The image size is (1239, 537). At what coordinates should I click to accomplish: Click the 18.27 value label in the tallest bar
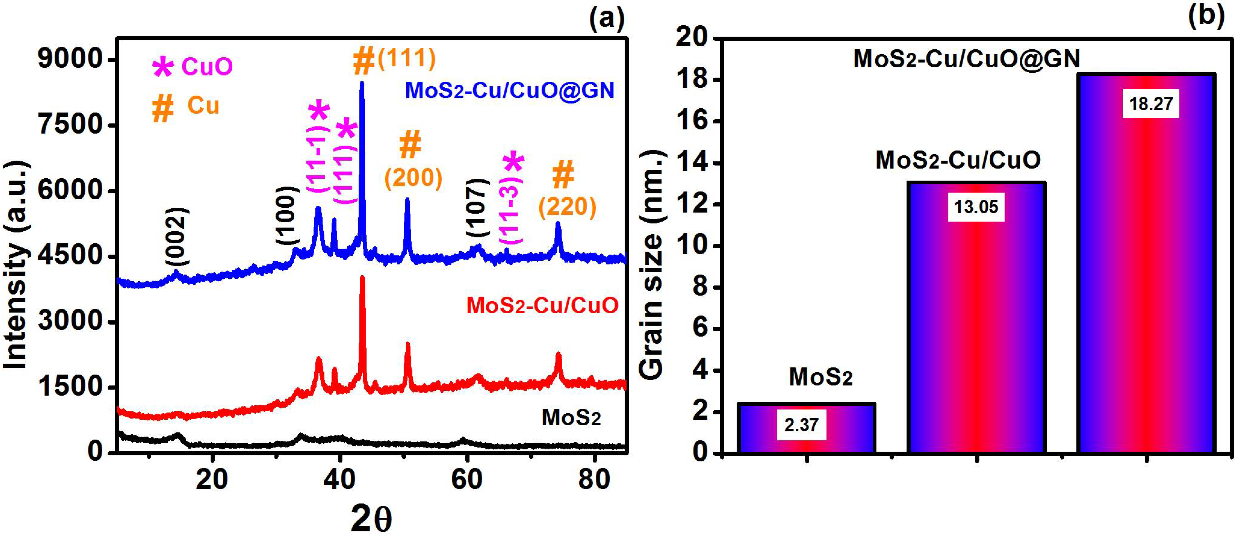pos(1151,103)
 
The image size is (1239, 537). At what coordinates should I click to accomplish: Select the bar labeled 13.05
pos(976,317)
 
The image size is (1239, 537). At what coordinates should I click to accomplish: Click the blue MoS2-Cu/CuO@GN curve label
pos(510,90)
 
